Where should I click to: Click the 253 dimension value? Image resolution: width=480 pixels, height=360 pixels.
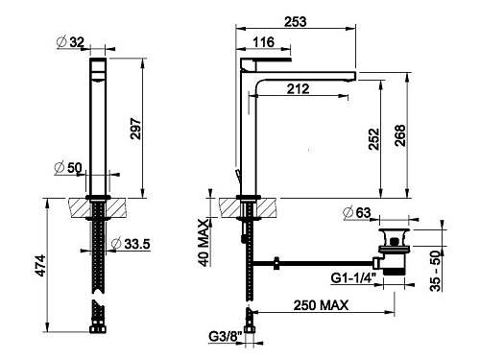click(x=296, y=21)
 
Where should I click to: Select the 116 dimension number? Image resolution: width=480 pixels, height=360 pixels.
click(x=263, y=42)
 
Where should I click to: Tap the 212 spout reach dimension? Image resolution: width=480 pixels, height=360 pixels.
click(x=298, y=88)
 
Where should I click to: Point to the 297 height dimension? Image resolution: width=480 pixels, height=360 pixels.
click(x=135, y=129)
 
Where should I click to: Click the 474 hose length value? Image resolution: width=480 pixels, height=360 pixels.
click(x=40, y=266)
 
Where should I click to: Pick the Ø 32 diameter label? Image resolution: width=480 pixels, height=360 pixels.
click(x=70, y=42)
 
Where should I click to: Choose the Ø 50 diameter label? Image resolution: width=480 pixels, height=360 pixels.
click(x=68, y=168)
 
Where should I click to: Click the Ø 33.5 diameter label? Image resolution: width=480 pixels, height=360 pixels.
click(x=131, y=244)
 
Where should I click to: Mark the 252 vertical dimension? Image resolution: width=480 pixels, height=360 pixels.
click(x=373, y=139)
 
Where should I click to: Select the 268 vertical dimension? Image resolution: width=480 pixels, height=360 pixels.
click(x=400, y=135)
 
